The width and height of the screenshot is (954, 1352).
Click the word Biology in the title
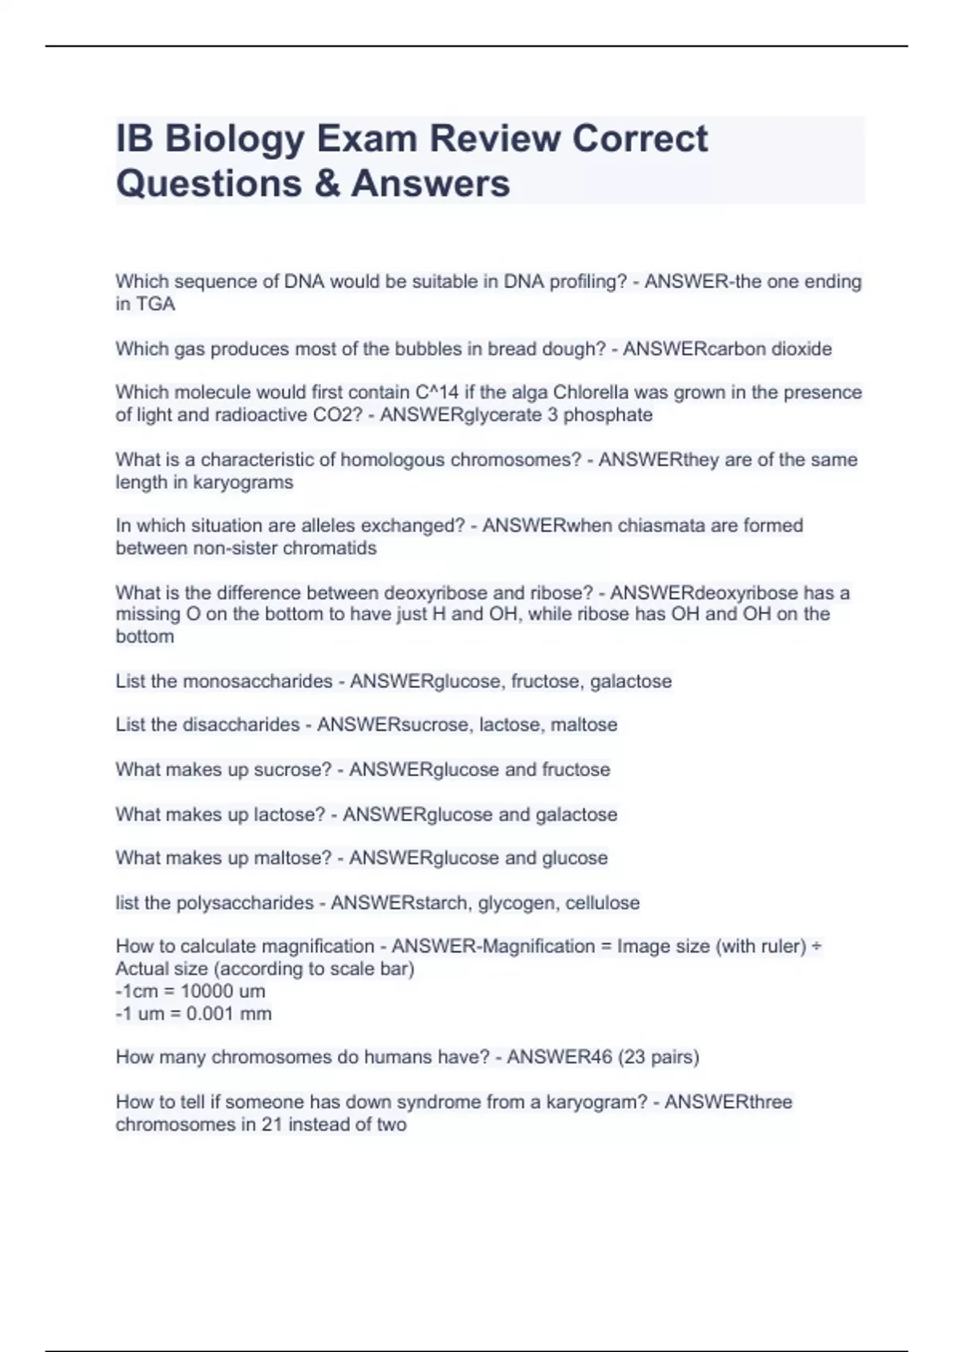pyautogui.click(x=235, y=139)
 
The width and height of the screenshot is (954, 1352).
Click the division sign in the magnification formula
pyautogui.click(x=816, y=946)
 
